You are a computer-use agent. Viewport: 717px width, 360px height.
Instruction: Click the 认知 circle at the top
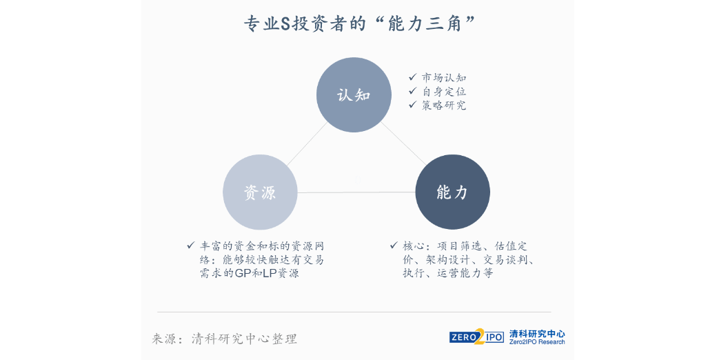[x=354, y=95]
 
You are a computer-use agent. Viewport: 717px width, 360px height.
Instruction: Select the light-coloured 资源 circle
[x=260, y=192]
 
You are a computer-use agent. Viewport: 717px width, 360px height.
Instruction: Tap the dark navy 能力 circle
[x=453, y=192]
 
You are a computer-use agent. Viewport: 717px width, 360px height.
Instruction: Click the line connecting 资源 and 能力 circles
[x=356, y=192]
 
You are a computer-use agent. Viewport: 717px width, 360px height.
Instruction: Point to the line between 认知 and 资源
[x=307, y=144]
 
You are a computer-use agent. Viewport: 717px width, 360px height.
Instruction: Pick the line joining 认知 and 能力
[x=403, y=143]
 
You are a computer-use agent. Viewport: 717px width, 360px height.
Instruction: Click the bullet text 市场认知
[x=444, y=78]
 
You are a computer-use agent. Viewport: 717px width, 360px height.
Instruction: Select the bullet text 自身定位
[x=444, y=92]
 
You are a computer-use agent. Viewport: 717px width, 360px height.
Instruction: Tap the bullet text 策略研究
[x=444, y=106]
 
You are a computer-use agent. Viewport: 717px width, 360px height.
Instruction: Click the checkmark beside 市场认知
[x=413, y=77]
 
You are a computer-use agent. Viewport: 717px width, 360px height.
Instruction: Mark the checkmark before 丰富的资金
[x=191, y=246]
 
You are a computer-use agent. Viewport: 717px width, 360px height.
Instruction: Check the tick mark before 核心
[x=394, y=246]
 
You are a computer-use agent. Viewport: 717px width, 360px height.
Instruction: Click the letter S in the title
[x=285, y=23]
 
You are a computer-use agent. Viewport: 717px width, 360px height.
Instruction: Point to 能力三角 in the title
[x=425, y=23]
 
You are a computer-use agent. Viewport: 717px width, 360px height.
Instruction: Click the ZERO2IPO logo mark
[x=476, y=337]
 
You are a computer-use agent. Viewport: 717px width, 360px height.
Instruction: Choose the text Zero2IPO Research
[x=537, y=342]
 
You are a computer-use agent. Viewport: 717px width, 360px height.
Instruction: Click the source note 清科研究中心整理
[x=244, y=339]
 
